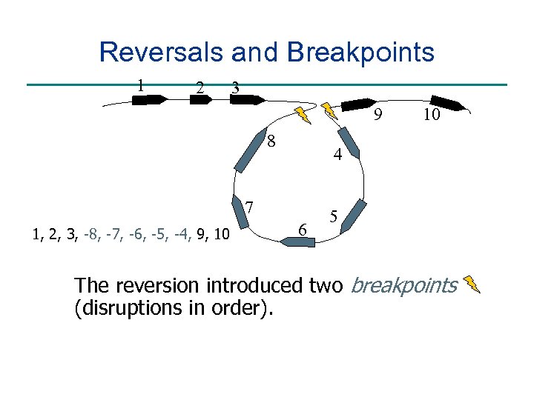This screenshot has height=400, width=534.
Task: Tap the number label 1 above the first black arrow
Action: pyautogui.click(x=139, y=83)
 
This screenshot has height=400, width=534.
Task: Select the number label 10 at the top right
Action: pyautogui.click(x=431, y=115)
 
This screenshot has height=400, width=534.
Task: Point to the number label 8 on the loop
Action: pyautogui.click(x=272, y=141)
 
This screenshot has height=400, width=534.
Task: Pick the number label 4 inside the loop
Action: pyautogui.click(x=337, y=156)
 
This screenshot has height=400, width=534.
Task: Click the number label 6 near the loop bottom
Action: pyautogui.click(x=302, y=230)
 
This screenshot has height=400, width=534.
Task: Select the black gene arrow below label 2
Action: pyautogui.click(x=200, y=99)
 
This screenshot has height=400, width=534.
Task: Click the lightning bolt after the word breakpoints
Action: pyautogui.click(x=472, y=284)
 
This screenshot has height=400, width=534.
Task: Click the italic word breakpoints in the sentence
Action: pyautogui.click(x=403, y=285)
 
